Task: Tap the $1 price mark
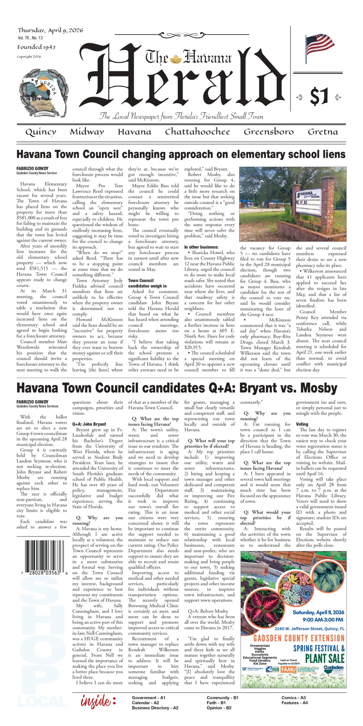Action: [x=319, y=96]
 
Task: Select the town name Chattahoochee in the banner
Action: [x=197, y=132]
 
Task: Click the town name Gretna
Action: [x=323, y=132]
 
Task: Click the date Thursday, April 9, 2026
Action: [x=50, y=31]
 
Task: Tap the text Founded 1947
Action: [x=36, y=47]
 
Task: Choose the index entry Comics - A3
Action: [x=294, y=698]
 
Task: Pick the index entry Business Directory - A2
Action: [x=155, y=708]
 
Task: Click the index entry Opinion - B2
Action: [x=219, y=708]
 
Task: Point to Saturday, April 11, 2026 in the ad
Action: [x=318, y=612]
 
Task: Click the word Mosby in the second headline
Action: [x=319, y=388]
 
